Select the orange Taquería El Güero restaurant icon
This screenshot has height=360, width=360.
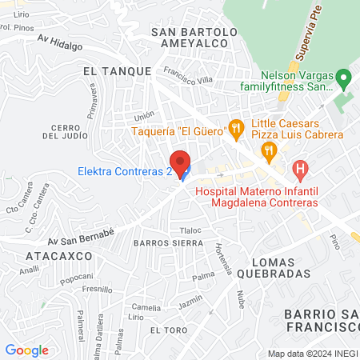click(x=235, y=127)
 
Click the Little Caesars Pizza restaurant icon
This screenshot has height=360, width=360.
click(x=270, y=148)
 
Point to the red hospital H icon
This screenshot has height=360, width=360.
click(x=300, y=169)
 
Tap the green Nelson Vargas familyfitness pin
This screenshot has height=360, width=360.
click(x=344, y=78)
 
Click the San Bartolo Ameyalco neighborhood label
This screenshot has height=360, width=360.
click(x=194, y=38)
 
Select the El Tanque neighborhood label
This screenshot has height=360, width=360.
click(x=117, y=71)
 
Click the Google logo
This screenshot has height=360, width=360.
click(x=26, y=350)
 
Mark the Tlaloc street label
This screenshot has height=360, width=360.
click(x=190, y=230)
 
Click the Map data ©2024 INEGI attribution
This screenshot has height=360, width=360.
click(x=313, y=354)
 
